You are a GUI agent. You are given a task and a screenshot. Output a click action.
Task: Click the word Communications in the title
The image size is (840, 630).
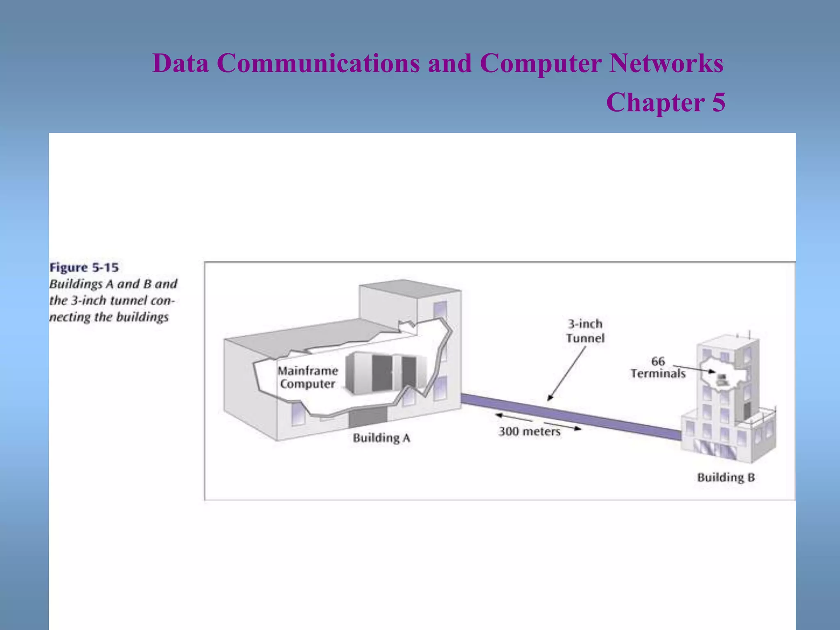(318, 64)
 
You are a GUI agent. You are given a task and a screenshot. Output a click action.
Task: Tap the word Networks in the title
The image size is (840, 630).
(666, 64)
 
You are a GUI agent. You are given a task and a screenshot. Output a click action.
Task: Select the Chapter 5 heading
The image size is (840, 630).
(665, 102)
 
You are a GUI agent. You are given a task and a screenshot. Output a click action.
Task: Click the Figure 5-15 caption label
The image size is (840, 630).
(84, 268)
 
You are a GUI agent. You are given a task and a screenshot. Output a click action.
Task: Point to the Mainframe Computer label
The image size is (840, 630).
(308, 377)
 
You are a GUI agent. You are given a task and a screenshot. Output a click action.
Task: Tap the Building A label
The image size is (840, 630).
(381, 438)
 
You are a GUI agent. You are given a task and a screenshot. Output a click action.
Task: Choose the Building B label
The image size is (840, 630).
(726, 477)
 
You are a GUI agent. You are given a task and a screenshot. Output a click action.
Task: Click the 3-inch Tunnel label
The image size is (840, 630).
(585, 331)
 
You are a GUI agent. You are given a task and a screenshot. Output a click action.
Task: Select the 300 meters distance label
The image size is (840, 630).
(529, 431)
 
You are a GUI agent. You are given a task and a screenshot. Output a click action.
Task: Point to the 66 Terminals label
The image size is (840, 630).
(658, 367)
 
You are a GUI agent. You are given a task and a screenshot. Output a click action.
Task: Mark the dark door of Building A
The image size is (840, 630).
(367, 418)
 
